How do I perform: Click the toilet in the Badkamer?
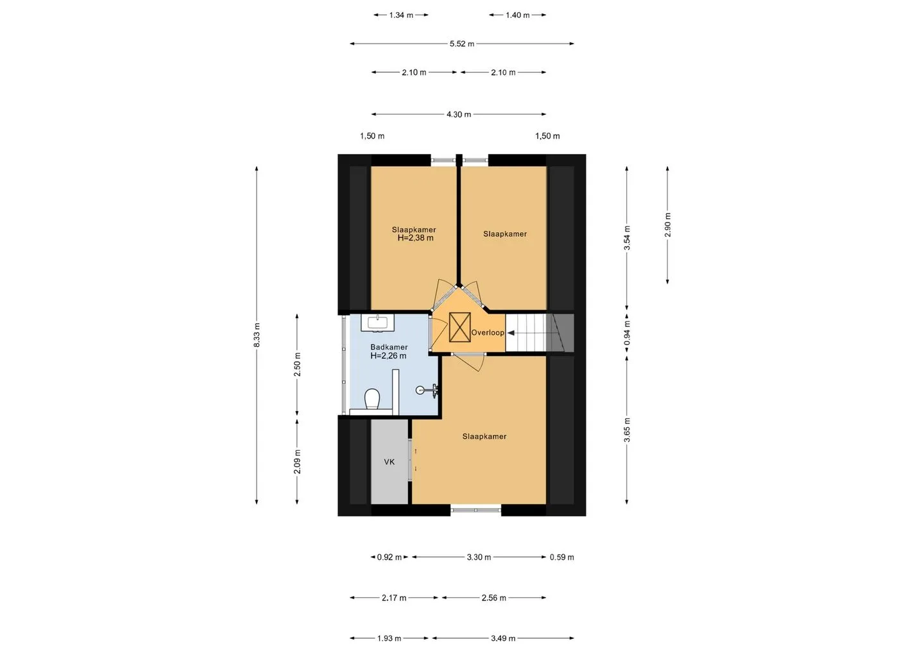[x=372, y=398]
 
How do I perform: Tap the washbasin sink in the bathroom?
[x=377, y=323]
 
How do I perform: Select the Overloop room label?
[x=488, y=333]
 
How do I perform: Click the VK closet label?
[x=389, y=462]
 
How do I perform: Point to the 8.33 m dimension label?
[x=257, y=335]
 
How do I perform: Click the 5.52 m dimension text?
[x=462, y=44]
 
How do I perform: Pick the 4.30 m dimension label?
[x=459, y=114]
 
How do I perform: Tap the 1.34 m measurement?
[x=401, y=15]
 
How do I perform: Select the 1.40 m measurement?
[x=518, y=15]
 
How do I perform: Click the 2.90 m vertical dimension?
[x=668, y=225]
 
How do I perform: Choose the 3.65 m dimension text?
[x=627, y=430]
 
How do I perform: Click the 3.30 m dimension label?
[x=479, y=557]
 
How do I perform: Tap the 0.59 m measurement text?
[x=562, y=557]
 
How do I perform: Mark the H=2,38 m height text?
[x=415, y=238]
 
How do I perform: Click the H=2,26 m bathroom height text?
[x=388, y=356]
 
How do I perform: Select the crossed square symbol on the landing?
[x=460, y=327]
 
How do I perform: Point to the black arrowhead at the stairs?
[x=510, y=333]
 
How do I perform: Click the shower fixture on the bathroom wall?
[x=427, y=389]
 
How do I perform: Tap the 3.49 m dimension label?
[x=503, y=639]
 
